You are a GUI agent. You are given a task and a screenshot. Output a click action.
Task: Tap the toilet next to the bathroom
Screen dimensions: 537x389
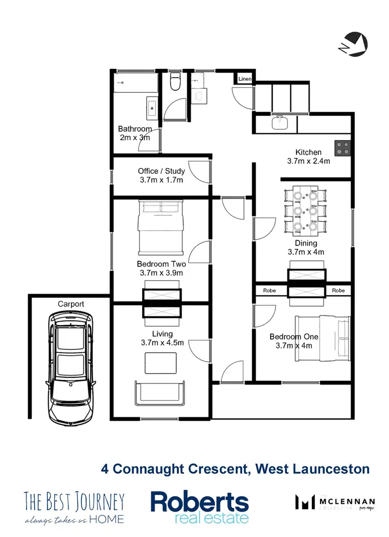pyautogui.click(x=175, y=82)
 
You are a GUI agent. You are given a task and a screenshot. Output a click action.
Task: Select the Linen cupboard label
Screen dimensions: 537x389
pyautogui.click(x=245, y=79)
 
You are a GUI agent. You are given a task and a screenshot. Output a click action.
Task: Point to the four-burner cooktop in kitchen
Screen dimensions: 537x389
pyautogui.click(x=342, y=149)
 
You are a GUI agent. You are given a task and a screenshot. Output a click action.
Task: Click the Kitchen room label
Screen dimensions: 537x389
pyautogui.click(x=308, y=152)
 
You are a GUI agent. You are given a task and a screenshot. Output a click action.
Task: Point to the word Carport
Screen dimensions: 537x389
pyautogui.click(x=71, y=304)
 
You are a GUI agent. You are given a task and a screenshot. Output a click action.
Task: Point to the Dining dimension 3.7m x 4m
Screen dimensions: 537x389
pyautogui.click(x=305, y=252)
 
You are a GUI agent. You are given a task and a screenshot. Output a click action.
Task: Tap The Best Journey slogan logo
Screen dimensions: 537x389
pyautogui.click(x=75, y=507)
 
